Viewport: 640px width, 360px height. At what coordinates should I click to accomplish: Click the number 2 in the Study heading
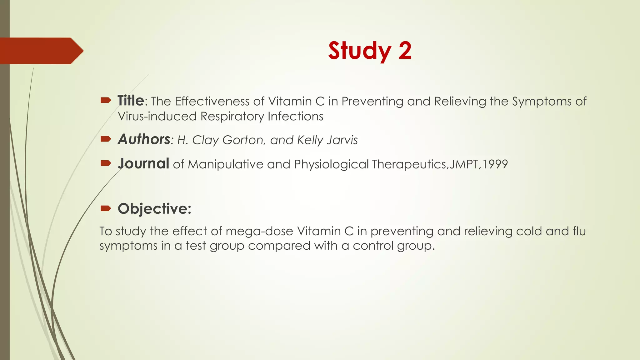pyautogui.click(x=405, y=51)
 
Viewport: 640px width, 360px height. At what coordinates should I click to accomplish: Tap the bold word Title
pyautogui.click(x=131, y=101)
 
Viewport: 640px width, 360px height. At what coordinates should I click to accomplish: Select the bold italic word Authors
pyautogui.click(x=144, y=139)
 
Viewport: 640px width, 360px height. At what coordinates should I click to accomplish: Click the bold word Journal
pyautogui.click(x=143, y=164)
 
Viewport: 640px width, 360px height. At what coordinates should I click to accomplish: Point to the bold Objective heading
pyautogui.click(x=154, y=208)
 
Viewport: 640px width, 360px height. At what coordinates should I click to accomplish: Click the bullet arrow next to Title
pyautogui.click(x=106, y=100)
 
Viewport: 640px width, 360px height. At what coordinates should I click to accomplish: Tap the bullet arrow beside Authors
pyautogui.click(x=106, y=139)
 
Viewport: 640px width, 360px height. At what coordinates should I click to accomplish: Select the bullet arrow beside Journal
pyautogui.click(x=106, y=163)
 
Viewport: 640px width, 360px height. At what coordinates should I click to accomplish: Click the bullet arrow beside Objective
pyautogui.click(x=106, y=208)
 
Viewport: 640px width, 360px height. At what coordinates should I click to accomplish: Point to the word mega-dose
pyautogui.click(x=259, y=232)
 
